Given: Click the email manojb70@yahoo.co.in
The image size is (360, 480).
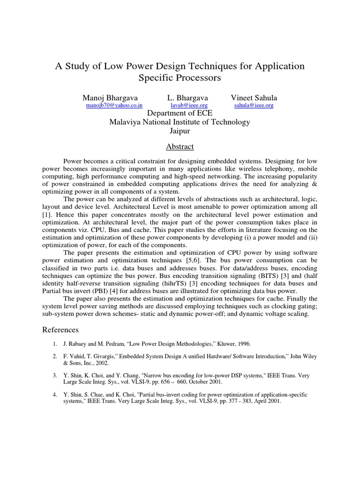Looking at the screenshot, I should (x=114, y=106).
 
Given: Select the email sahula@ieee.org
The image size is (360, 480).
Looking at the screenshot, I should (x=254, y=106).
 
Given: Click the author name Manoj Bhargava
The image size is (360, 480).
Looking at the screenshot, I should (x=110, y=98).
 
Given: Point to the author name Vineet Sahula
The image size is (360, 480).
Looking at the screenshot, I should (x=254, y=98).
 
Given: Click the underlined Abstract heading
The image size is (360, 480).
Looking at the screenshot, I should (x=180, y=147).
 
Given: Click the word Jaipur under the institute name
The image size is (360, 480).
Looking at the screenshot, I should (x=180, y=131).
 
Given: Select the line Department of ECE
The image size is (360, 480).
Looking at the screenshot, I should (x=180, y=114).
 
